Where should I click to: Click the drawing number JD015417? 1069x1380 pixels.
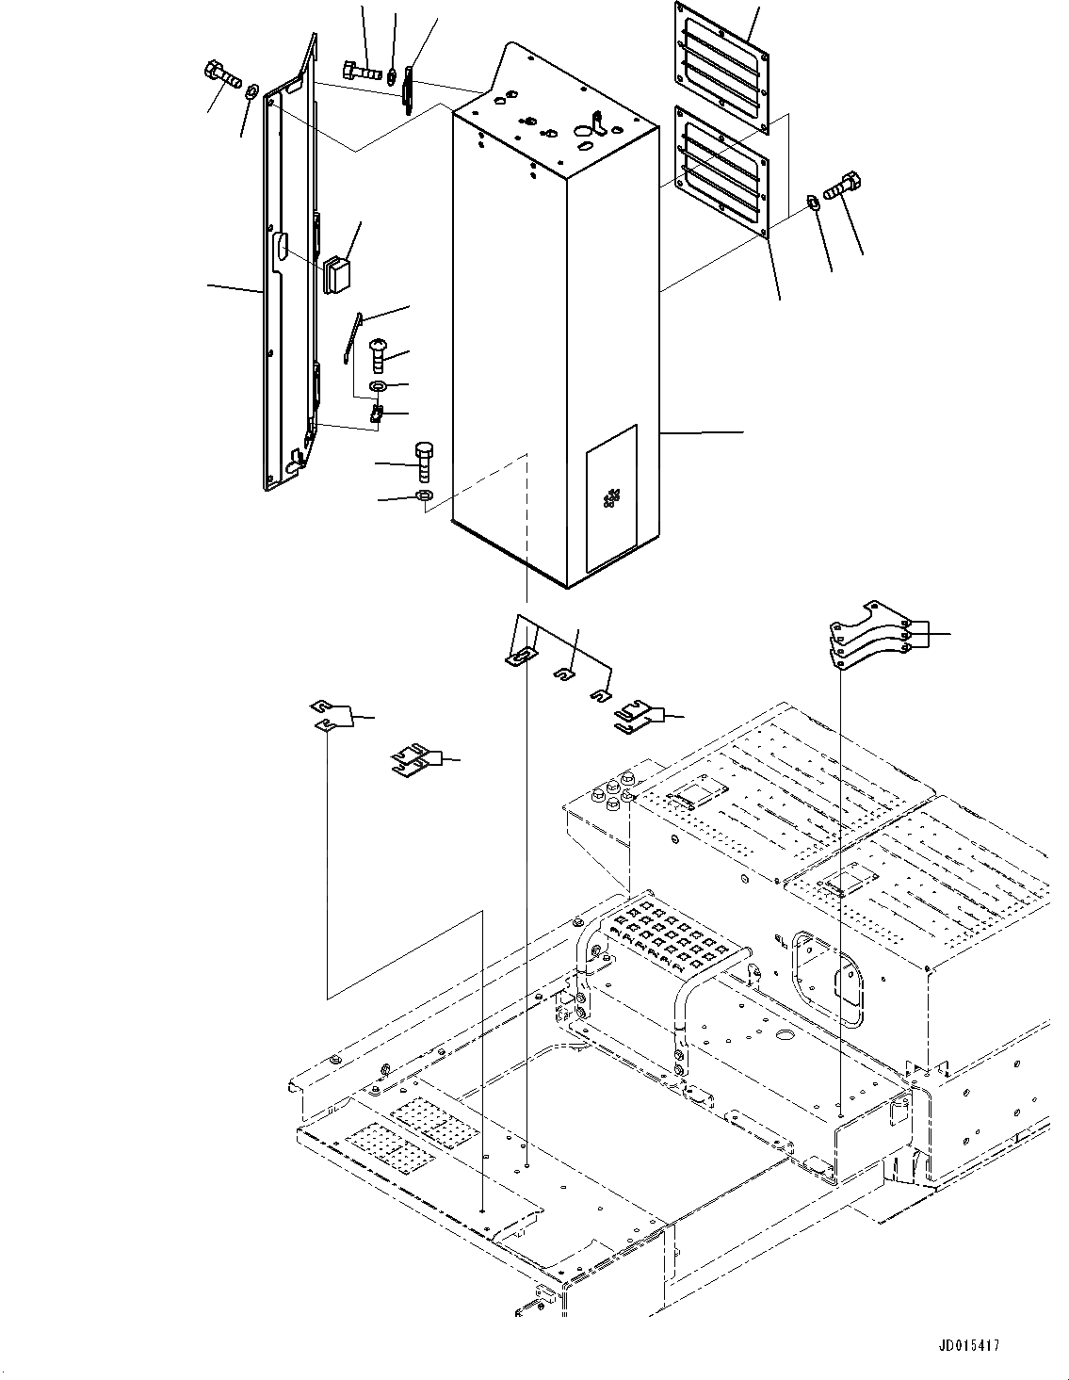tap(968, 1346)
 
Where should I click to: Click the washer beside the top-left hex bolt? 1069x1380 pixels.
tap(251, 91)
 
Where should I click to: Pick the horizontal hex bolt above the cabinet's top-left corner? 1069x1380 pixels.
tap(361, 70)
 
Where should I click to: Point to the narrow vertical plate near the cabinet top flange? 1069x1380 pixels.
tap(409, 89)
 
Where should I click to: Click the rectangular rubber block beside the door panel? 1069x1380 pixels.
tap(337, 274)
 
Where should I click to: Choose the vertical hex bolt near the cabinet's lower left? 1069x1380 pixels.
tap(423, 461)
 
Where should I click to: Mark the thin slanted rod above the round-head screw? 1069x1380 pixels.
tap(352, 336)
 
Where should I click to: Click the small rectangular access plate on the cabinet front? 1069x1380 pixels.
tap(611, 497)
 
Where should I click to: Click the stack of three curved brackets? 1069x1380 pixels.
tap(868, 636)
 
